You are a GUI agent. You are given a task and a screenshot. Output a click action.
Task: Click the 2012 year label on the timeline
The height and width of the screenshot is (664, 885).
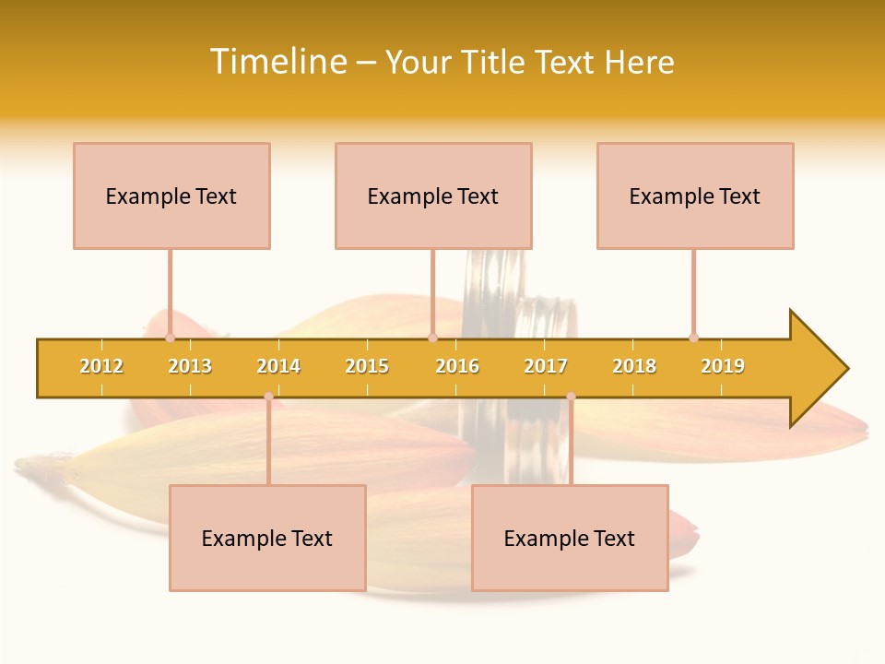[101, 366]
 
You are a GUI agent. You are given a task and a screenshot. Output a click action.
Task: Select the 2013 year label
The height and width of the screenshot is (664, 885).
[190, 366]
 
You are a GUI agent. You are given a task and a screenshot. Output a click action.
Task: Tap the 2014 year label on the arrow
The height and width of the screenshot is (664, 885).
[278, 366]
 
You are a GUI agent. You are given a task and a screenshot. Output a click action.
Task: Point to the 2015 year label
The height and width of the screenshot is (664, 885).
[367, 366]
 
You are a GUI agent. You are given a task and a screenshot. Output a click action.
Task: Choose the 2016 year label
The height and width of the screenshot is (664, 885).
[457, 366]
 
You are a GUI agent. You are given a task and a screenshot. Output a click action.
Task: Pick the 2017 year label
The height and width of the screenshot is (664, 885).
[546, 366]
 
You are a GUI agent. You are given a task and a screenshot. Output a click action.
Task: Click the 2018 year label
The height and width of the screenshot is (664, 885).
[634, 366]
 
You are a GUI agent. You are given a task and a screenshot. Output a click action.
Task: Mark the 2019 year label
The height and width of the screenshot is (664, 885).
[723, 366]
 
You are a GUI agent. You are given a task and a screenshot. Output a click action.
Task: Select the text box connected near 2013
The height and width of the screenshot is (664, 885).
[171, 196]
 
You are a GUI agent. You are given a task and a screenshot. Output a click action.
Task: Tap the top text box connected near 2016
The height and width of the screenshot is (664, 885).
[433, 196]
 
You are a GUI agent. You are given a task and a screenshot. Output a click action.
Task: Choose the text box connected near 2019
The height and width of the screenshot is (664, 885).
[695, 196]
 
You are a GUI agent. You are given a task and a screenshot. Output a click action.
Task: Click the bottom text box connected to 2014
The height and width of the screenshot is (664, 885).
[267, 538]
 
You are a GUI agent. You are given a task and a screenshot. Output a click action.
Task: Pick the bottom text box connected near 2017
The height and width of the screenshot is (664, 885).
[570, 538]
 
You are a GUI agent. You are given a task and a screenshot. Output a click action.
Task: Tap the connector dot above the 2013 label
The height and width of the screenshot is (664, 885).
[170, 338]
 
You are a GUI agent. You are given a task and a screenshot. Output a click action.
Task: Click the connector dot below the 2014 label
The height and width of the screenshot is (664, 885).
[268, 397]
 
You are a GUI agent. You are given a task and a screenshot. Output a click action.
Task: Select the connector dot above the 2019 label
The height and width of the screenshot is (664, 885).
[693, 338]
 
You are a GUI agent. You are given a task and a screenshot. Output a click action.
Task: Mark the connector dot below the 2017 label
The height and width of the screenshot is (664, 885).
[571, 397]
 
